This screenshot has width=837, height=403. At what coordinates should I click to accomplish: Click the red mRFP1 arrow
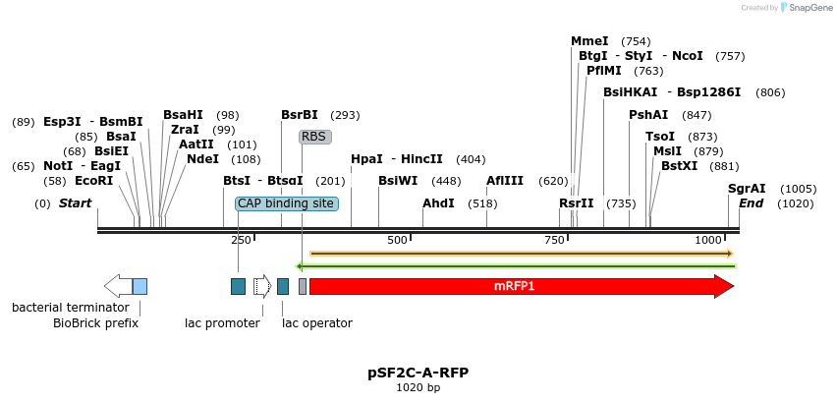(521, 286)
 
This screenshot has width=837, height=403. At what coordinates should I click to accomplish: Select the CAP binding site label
(286, 203)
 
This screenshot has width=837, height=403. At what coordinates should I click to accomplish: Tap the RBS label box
(314, 137)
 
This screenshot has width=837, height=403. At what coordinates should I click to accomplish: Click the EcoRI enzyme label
(93, 181)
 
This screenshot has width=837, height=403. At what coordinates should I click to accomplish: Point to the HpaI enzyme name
(366, 159)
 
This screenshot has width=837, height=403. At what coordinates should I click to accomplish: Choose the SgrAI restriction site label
(747, 189)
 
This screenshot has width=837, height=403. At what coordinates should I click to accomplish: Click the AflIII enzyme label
(505, 181)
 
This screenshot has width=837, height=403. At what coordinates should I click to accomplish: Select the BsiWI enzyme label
(398, 181)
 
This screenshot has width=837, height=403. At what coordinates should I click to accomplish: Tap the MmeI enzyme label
(589, 41)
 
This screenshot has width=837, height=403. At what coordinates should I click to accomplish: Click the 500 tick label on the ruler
(397, 241)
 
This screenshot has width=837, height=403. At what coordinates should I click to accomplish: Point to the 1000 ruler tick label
(707, 241)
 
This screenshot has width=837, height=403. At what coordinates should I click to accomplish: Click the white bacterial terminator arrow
(118, 286)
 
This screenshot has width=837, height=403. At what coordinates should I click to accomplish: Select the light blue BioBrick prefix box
(139, 286)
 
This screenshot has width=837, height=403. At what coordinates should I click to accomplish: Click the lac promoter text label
(222, 322)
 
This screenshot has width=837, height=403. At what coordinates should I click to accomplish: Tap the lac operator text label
(317, 322)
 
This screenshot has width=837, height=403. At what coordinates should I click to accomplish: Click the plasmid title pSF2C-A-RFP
(418, 373)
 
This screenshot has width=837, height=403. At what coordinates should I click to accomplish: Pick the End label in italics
(751, 203)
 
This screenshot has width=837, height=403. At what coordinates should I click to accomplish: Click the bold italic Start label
(75, 203)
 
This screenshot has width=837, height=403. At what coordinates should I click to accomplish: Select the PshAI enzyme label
(648, 115)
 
